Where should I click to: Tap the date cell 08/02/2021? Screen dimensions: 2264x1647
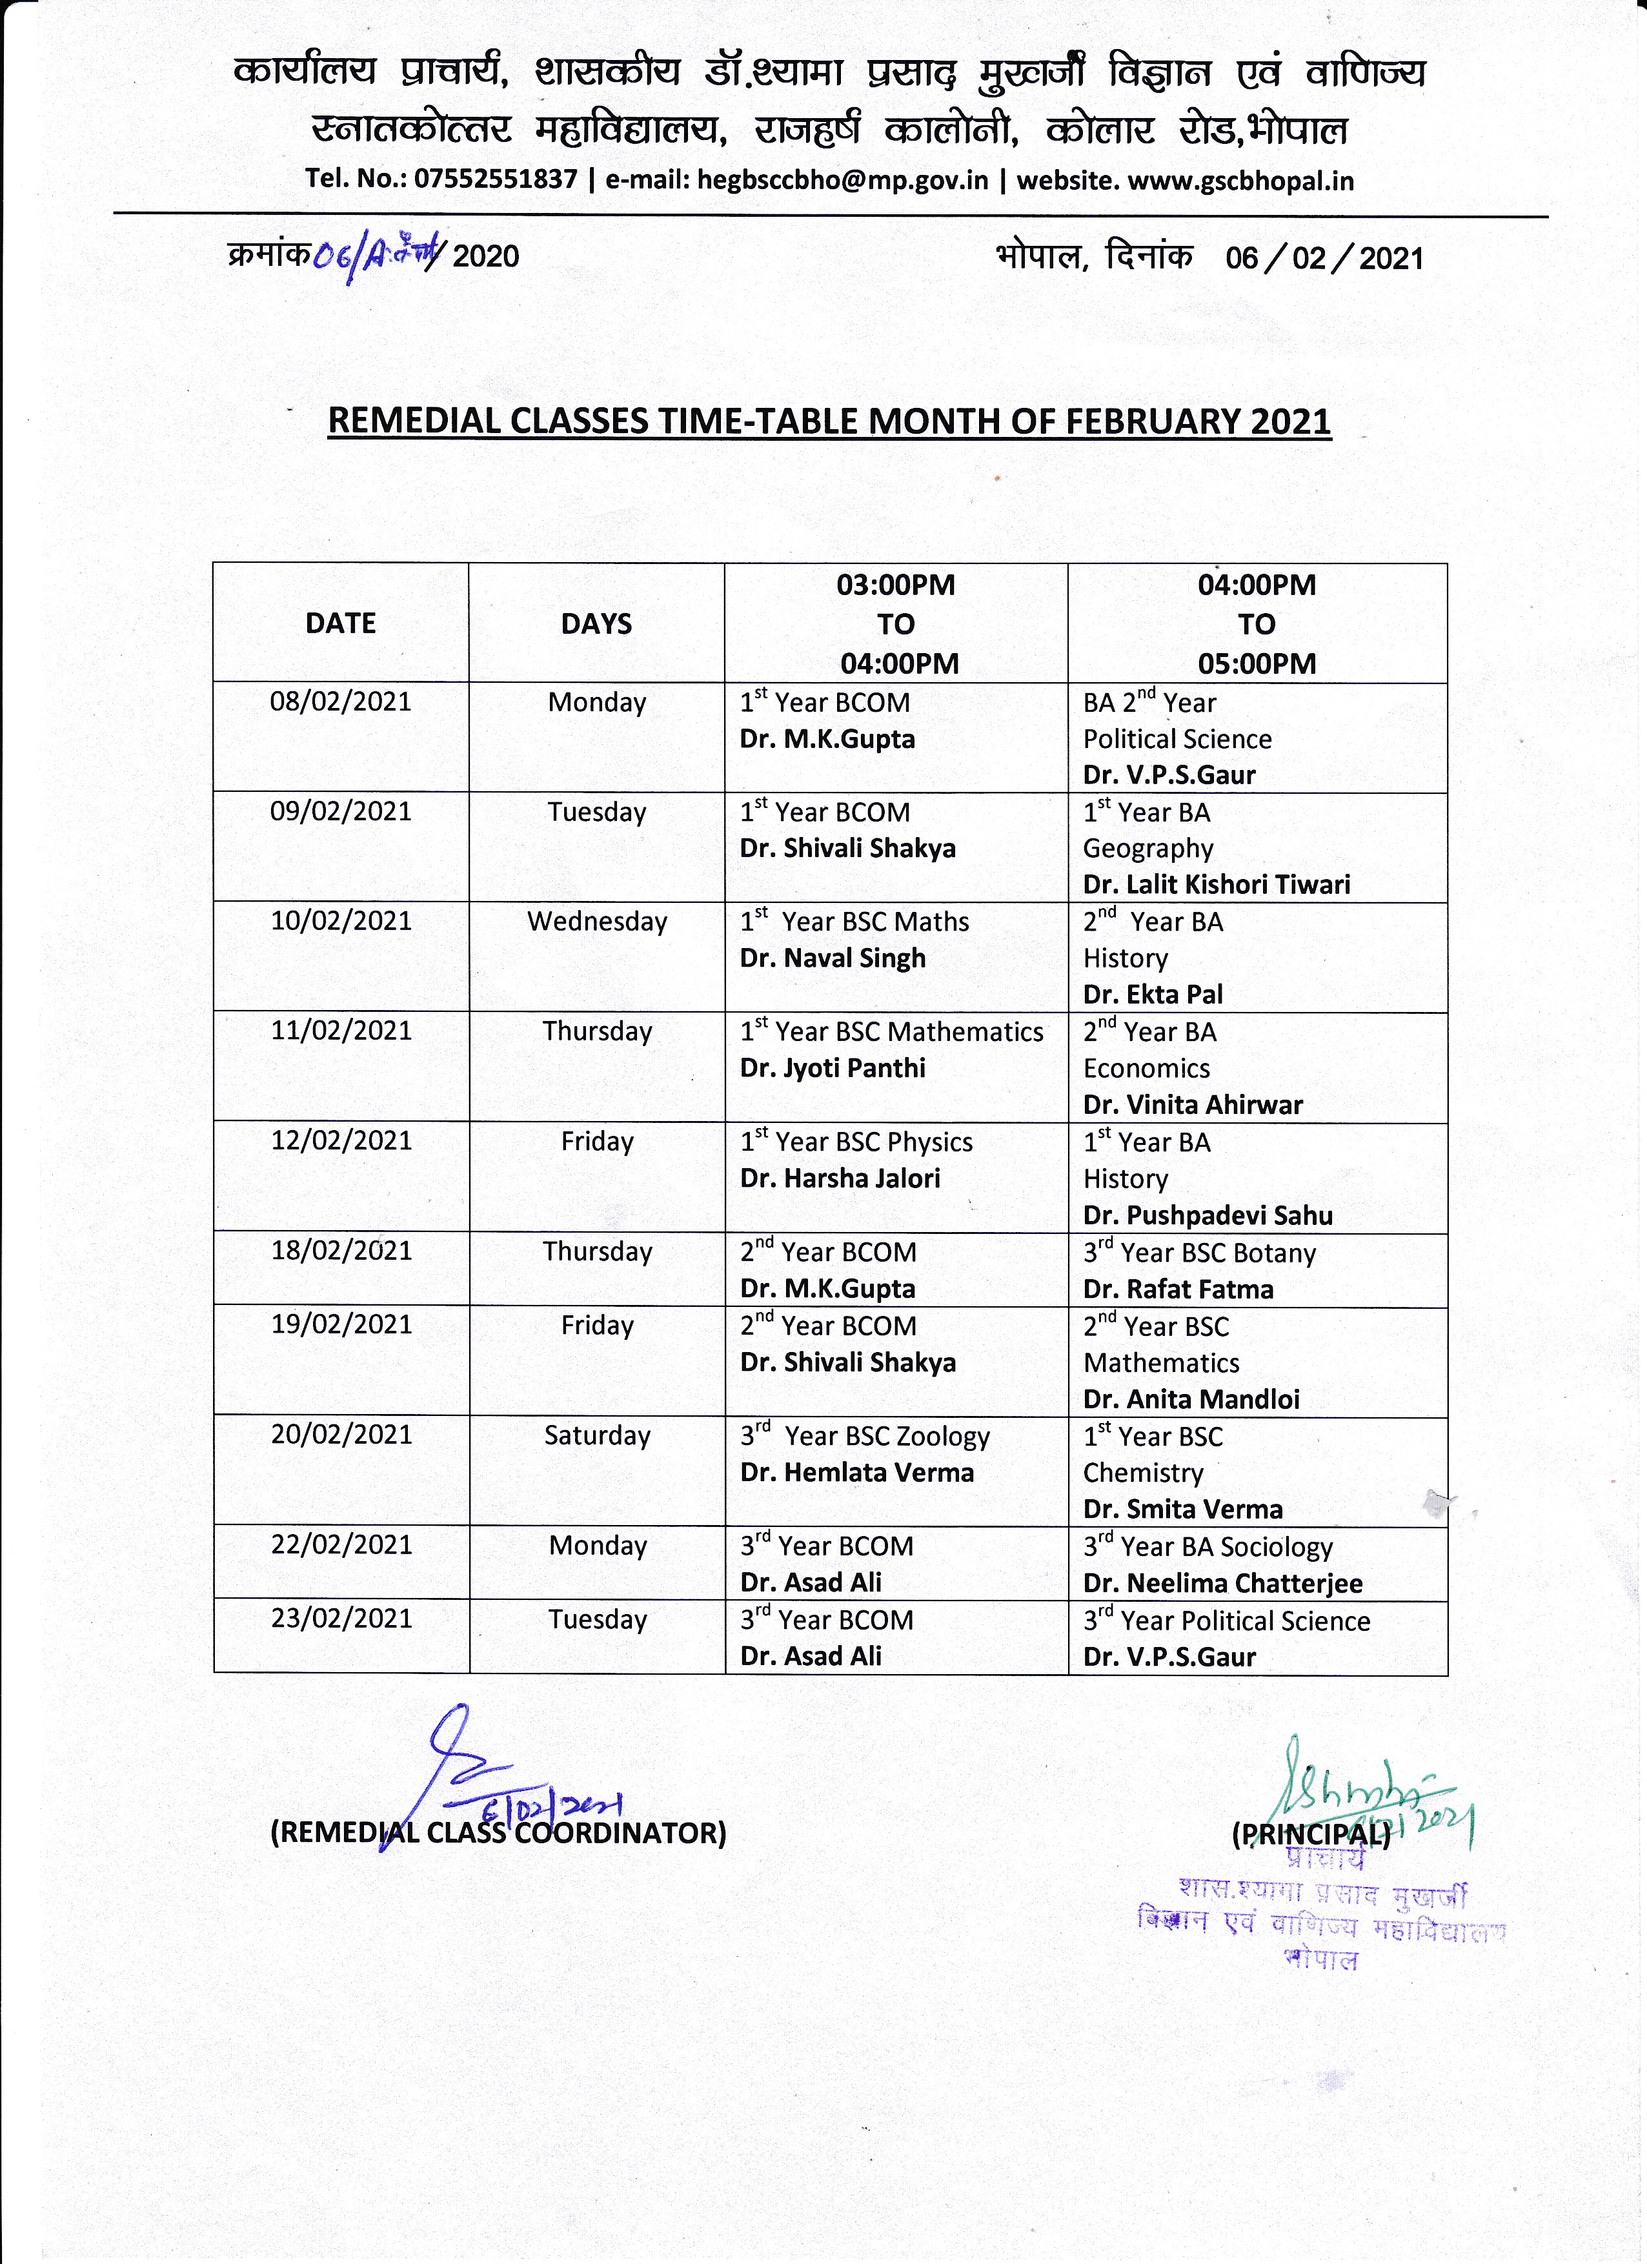click(340, 701)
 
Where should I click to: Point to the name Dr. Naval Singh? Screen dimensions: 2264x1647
click(833, 958)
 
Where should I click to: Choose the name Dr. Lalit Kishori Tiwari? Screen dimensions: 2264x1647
click(1216, 884)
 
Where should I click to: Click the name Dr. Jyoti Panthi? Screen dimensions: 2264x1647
click(833, 1068)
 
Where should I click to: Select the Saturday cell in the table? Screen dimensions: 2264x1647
click(597, 1435)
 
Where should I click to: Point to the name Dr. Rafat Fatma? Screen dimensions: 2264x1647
click(1178, 1289)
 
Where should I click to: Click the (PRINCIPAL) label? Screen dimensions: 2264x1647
click(1311, 1834)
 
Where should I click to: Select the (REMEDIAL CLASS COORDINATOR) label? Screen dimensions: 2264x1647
click(497, 1833)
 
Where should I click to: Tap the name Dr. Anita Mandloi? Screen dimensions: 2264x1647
click(1191, 1400)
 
